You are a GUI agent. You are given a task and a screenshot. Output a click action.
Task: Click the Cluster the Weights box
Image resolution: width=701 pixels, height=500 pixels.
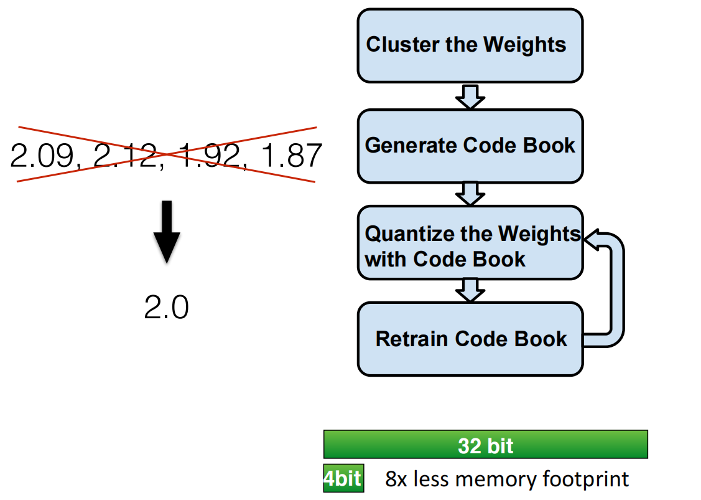point(470,45)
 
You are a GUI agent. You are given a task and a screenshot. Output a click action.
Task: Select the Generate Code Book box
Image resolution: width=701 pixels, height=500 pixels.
point(470,146)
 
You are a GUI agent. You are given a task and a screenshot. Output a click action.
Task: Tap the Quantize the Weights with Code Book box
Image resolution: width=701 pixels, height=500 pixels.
point(470,243)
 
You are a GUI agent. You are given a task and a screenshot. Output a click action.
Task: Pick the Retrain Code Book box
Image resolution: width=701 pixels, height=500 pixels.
point(470,339)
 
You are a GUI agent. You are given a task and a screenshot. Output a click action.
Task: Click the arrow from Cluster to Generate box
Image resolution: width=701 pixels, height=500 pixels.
point(470,97)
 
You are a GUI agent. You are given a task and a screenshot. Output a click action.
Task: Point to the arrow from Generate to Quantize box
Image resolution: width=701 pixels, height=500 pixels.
point(470,194)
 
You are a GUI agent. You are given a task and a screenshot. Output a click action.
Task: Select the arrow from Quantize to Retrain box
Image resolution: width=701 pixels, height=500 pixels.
point(470,290)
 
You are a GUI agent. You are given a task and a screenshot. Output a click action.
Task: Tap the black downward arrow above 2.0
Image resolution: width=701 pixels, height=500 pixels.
point(167,232)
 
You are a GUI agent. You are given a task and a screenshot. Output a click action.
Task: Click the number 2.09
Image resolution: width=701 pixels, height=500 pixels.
point(42,156)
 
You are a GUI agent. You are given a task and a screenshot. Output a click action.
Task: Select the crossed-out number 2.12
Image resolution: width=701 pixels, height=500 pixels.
point(126,156)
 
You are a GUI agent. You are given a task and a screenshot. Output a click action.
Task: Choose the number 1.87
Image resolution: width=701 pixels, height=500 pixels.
point(292,156)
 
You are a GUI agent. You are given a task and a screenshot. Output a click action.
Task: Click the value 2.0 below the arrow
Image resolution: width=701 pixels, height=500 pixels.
point(166,307)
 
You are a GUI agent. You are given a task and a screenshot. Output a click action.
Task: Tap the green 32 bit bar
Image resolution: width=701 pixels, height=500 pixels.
point(486,444)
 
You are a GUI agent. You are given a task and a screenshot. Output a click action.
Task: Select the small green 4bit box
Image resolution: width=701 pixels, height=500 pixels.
point(343,478)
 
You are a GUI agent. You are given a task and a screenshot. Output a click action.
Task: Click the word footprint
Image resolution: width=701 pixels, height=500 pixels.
point(586,479)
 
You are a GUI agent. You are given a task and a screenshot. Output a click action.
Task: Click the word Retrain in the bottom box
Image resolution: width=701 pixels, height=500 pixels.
point(411,339)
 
